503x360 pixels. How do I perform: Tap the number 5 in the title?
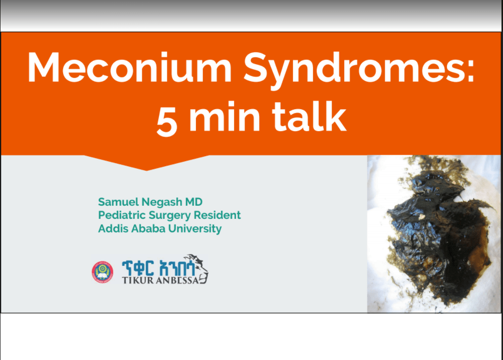[167, 120]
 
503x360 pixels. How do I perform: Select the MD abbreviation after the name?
[195, 202]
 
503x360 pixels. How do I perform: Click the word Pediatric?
[119, 215]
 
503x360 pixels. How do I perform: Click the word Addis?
[111, 229]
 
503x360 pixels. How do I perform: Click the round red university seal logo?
[102, 272]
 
